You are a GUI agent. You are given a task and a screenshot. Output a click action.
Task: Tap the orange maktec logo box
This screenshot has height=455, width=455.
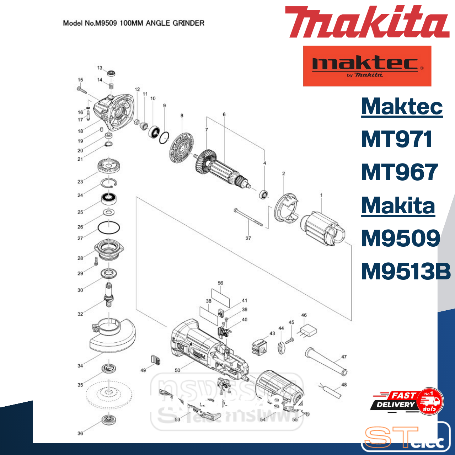click(x=367, y=66)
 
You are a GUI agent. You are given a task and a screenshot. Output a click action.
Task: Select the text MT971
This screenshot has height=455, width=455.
click(x=396, y=139)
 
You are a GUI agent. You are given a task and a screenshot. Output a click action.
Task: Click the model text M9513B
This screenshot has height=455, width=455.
click(x=406, y=272)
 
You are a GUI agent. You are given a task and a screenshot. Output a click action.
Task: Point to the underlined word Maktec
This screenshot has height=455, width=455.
click(x=402, y=107)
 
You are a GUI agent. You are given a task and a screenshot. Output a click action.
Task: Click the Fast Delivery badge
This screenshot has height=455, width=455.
click(x=407, y=401)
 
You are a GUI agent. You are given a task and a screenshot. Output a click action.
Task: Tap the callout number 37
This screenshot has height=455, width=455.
click(x=248, y=239)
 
